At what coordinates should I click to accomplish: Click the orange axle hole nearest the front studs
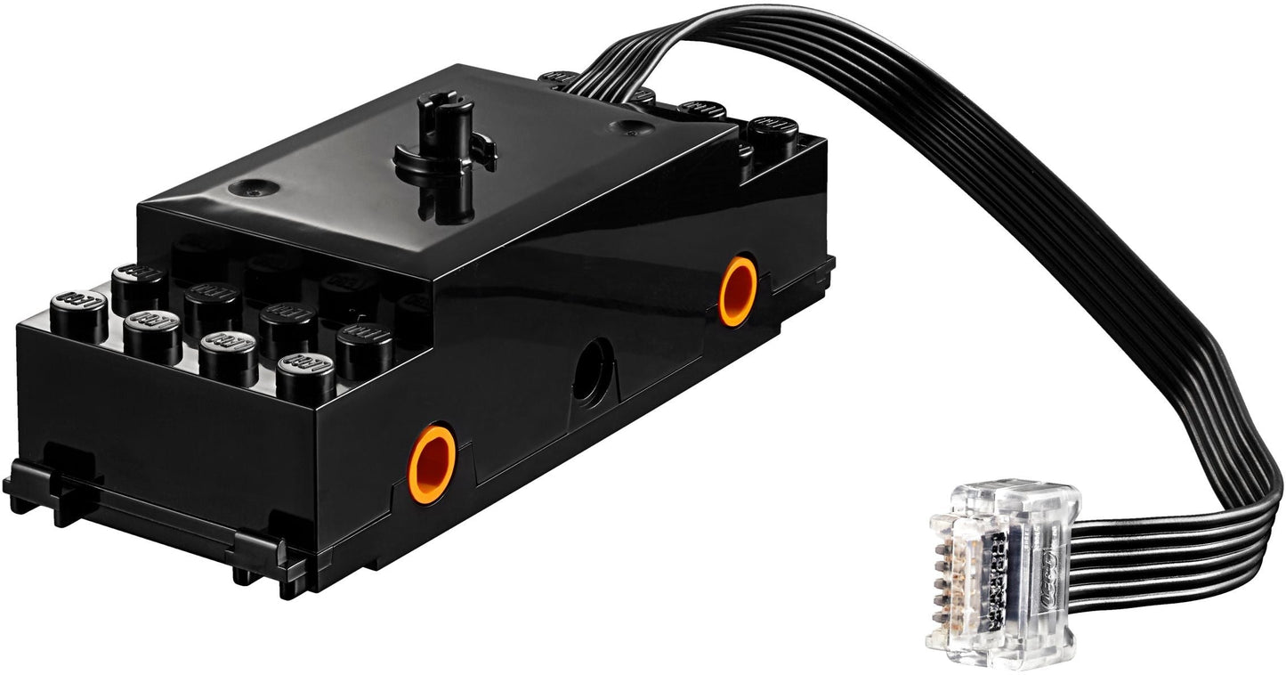click(x=433, y=463)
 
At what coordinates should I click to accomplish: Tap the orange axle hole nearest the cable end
click(x=738, y=291)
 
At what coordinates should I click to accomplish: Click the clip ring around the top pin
click(x=445, y=154)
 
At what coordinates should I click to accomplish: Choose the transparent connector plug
click(x=1000, y=562)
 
